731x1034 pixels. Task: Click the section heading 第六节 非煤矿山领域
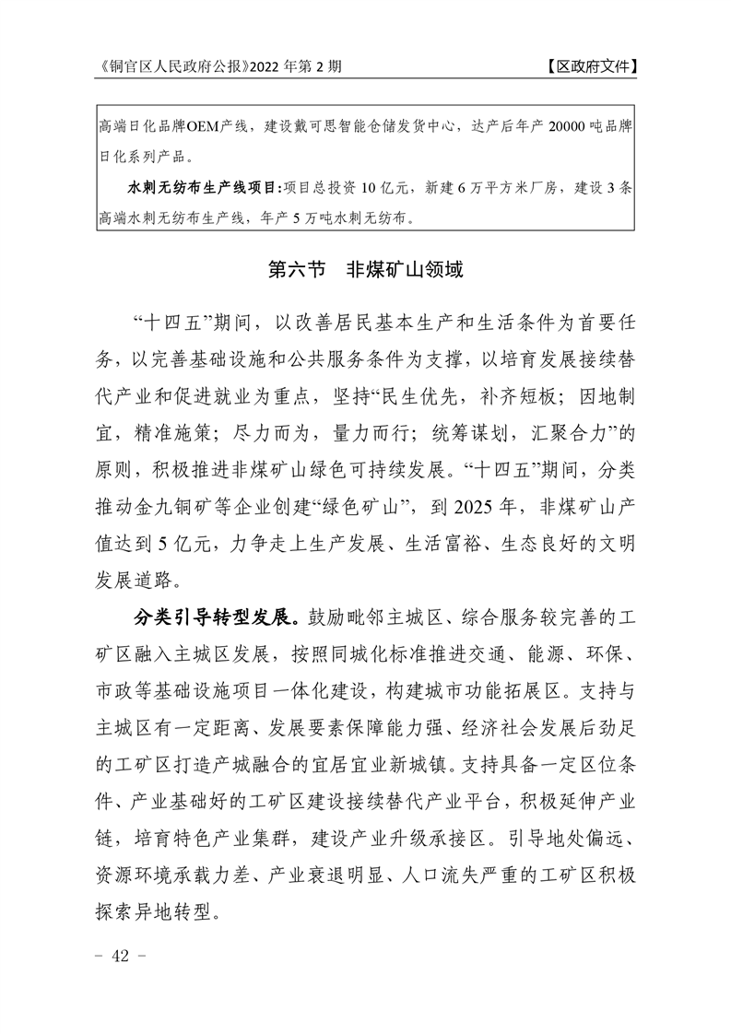pos(365,271)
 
